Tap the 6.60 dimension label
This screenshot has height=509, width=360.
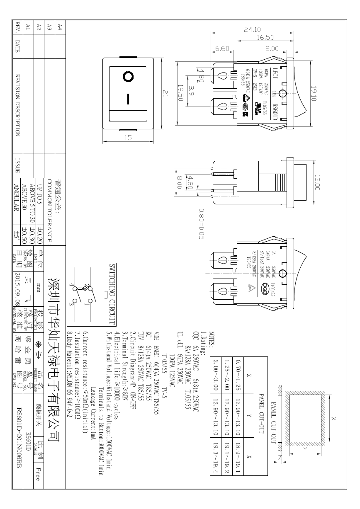pos(223,49)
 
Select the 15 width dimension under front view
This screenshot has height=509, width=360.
pos(128,138)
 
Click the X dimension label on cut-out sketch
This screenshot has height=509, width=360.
pos(335,419)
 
